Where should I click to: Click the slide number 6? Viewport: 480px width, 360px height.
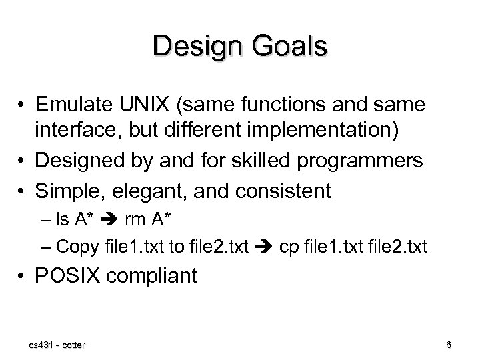click(x=449, y=345)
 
